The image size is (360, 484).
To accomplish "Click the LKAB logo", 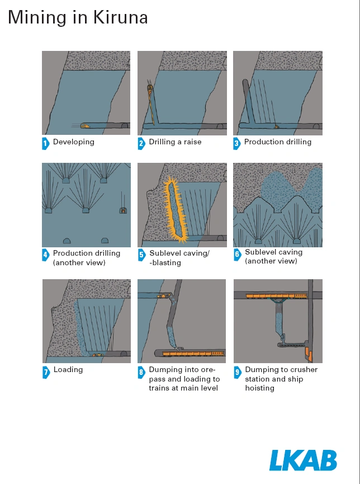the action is click(303, 460).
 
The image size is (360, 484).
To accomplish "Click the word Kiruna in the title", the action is click(121, 17).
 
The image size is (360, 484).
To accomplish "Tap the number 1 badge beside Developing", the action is click(45, 143).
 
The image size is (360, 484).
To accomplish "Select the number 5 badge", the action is click(141, 255).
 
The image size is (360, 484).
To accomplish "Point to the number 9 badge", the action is click(237, 372).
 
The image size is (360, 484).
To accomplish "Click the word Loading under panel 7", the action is click(68, 370).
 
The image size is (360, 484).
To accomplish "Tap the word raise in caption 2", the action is click(192, 142).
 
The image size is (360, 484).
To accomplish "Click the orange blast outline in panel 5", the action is click(175, 210).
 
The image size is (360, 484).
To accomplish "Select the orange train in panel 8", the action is click(193, 354).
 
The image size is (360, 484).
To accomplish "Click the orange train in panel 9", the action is click(276, 296).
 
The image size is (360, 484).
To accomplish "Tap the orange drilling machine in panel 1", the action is click(85, 126).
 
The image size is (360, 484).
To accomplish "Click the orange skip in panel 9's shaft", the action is click(309, 354).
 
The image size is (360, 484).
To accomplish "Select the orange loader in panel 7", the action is click(97, 355).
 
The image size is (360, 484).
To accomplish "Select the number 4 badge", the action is click(45, 255).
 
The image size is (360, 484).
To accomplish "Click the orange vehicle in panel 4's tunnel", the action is click(123, 211).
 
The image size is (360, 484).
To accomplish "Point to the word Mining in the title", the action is click(37, 18).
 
